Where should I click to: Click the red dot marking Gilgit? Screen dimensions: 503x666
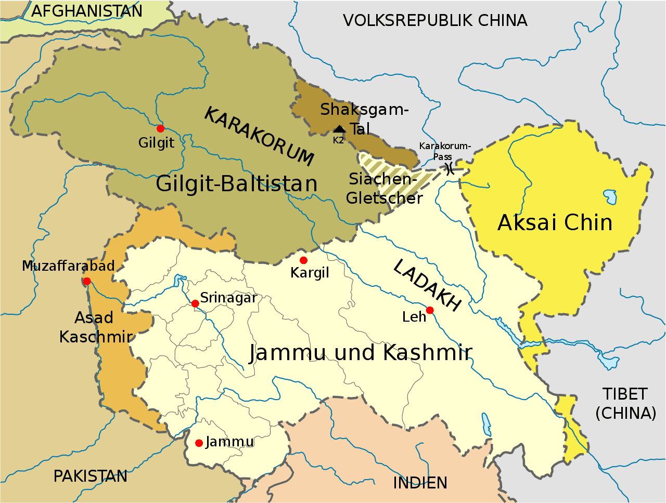[160, 128]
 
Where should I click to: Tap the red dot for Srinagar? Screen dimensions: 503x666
[195, 303]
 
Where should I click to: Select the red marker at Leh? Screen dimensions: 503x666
[430, 310]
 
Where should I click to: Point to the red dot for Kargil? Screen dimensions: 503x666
[303, 260]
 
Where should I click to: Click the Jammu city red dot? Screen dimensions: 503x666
[199, 443]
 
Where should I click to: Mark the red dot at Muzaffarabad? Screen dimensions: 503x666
[87, 281]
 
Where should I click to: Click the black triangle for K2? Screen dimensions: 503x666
[339, 129]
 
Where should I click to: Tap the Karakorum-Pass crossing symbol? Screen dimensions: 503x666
[449, 168]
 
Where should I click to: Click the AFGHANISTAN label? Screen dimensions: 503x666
[87, 11]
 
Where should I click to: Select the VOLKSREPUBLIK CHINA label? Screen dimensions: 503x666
[435, 21]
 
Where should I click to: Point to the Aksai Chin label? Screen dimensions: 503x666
[555, 222]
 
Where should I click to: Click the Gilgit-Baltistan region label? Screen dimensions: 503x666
[237, 184]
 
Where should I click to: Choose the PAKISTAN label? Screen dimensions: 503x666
[91, 476]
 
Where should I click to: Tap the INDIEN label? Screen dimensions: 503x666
[420, 483]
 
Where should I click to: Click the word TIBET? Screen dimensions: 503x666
[625, 394]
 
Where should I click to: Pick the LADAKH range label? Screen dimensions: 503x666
[427, 285]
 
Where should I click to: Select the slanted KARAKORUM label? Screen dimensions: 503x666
[259, 136]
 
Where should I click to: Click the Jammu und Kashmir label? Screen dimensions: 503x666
[361, 353]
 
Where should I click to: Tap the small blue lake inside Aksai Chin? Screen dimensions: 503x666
[610, 196]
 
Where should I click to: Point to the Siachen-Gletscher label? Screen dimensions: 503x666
[384, 188]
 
